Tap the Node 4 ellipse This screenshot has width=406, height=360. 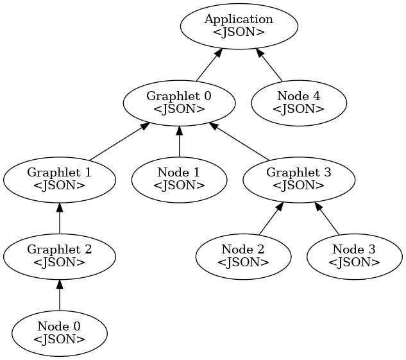[x=298, y=103]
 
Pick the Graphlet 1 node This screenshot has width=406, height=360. [x=59, y=179]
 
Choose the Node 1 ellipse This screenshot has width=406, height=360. [x=179, y=179]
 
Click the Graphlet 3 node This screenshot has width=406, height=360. [x=298, y=179]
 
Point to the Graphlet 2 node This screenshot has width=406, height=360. [x=59, y=256]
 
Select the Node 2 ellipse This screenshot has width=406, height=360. [x=243, y=256]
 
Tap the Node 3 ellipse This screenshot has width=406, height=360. [x=354, y=256]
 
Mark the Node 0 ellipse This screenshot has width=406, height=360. [x=59, y=333]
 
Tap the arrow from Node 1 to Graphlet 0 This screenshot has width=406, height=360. [x=179, y=141]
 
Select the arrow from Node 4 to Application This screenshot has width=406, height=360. [x=269, y=64]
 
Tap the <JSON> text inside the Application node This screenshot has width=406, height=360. [x=239, y=31]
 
